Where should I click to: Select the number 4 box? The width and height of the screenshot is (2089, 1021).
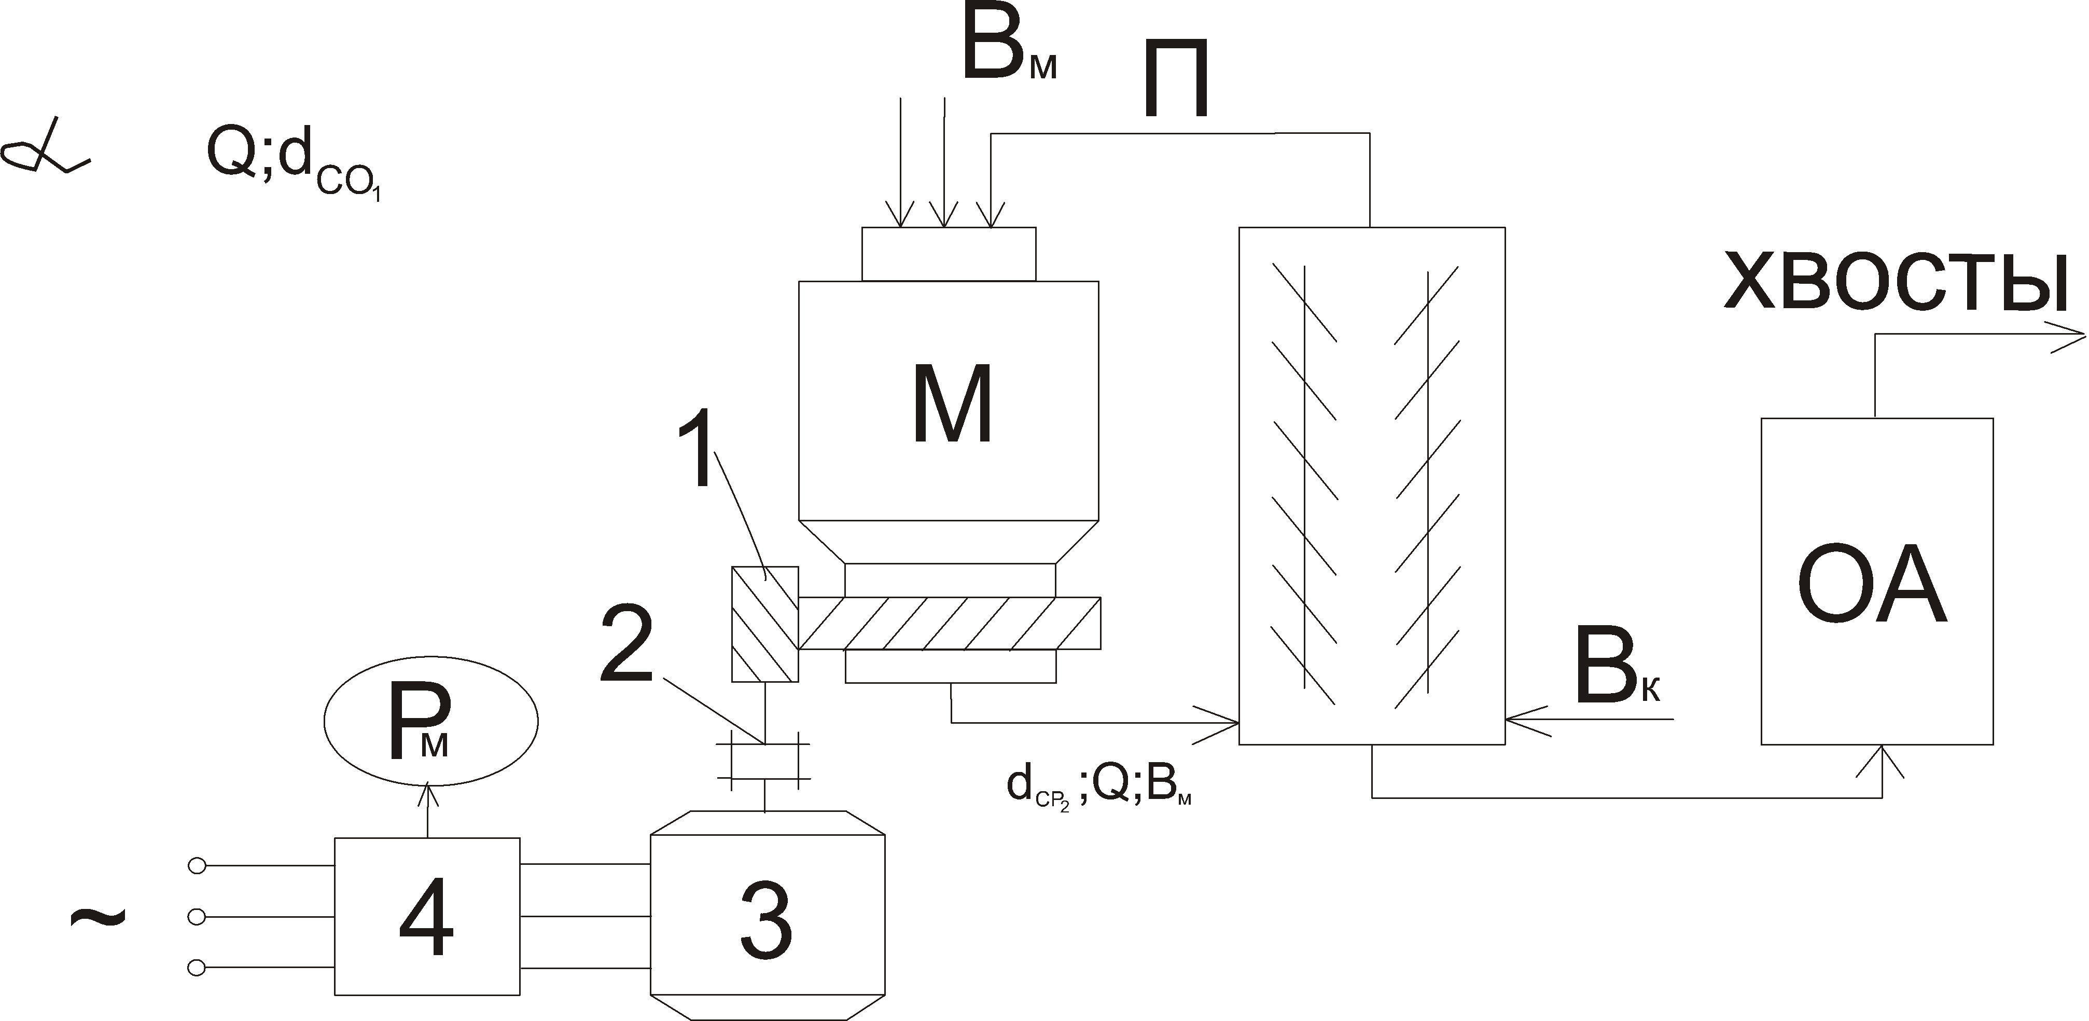(x=427, y=916)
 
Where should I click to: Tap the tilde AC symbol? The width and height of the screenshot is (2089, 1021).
(x=98, y=916)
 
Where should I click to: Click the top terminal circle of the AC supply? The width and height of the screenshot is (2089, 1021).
(x=196, y=866)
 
